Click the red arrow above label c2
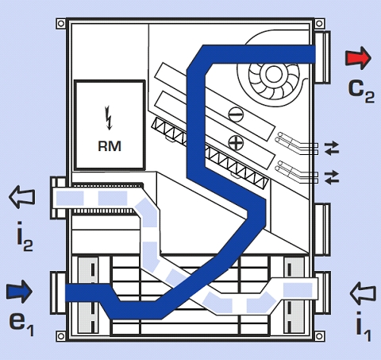point(358,58)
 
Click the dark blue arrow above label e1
point(19,292)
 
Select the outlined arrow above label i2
point(22,197)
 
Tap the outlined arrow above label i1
point(363,293)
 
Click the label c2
point(361,91)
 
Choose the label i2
point(25,238)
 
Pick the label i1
point(364,327)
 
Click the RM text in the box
point(110,146)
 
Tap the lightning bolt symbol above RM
point(109,118)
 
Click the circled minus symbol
point(236,114)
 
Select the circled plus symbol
point(236,143)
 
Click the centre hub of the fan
point(273,75)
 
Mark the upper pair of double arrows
point(332,148)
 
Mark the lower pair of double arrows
point(332,177)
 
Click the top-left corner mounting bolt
point(61,24)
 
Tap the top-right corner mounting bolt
point(319,24)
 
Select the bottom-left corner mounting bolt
point(61,336)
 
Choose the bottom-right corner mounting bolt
point(319,336)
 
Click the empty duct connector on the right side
point(322,230)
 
